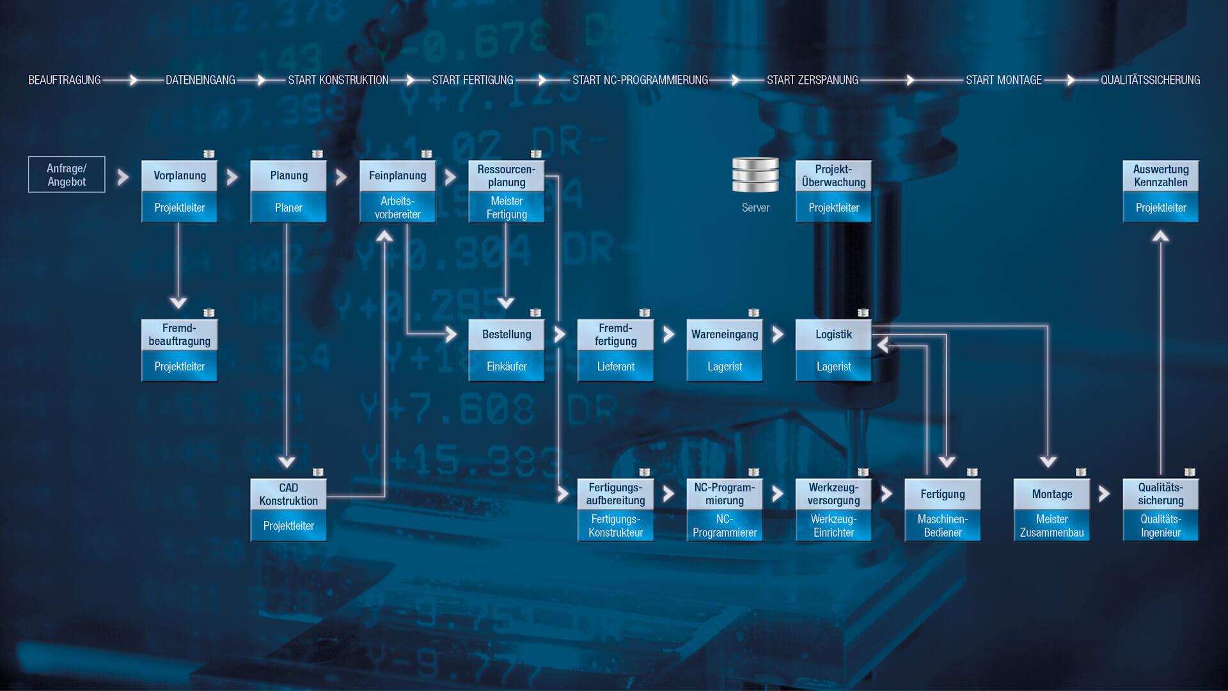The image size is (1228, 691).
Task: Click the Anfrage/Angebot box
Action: point(67,175)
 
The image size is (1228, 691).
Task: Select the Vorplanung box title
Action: point(180,176)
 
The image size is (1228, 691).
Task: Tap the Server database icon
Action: point(755,175)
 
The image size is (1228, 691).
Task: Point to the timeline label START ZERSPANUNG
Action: point(812,80)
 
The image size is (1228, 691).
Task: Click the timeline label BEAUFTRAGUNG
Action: point(65,80)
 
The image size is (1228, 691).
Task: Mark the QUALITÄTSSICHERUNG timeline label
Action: point(1150,80)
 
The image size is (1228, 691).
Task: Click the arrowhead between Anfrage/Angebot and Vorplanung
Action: point(123,177)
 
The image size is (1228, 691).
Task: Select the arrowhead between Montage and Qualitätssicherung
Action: point(1105,494)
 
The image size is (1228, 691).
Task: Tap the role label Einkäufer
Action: point(507,367)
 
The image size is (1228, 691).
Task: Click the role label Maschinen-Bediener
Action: point(943,526)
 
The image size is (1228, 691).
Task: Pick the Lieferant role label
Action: point(616,367)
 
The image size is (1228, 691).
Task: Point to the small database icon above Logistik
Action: point(863,313)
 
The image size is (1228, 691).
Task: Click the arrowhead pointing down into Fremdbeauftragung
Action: point(178,303)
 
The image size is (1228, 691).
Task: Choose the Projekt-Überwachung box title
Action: point(833,176)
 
